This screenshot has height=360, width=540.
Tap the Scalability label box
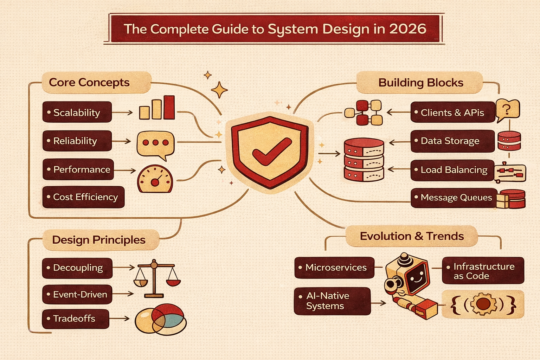click(x=77, y=112)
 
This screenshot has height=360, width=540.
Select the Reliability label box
click(x=77, y=141)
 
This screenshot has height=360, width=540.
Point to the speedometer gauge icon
click(x=155, y=179)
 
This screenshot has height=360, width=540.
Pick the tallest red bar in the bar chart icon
click(x=169, y=107)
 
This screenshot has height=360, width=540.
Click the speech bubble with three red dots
click(x=155, y=143)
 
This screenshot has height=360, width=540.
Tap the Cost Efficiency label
click(x=83, y=197)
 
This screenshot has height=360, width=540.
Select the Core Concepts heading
click(x=89, y=83)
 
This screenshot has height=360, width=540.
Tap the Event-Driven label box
click(x=77, y=295)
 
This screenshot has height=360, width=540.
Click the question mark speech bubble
click(x=507, y=110)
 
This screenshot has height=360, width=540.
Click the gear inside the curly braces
click(x=483, y=304)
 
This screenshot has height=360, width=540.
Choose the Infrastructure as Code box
click(x=483, y=271)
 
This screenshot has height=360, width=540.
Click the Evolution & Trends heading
click(x=412, y=236)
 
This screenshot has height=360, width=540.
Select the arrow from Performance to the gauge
click(x=125, y=171)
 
